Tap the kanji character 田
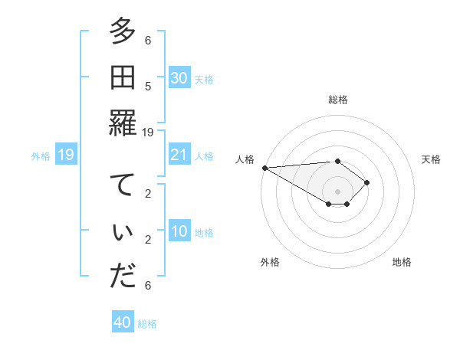click(x=123, y=78)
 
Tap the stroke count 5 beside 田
click(x=148, y=86)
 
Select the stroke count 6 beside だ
click(x=148, y=285)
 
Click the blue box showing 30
click(x=179, y=78)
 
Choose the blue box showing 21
click(x=179, y=155)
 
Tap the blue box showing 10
click(x=179, y=231)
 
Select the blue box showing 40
click(x=123, y=322)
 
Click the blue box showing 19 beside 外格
click(x=65, y=155)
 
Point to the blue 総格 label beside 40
click(x=148, y=324)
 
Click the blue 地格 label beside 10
click(x=204, y=232)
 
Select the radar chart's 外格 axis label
click(x=270, y=262)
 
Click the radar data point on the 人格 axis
click(x=264, y=168)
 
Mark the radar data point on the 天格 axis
click(x=367, y=182)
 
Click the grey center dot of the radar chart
click(x=337, y=191)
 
